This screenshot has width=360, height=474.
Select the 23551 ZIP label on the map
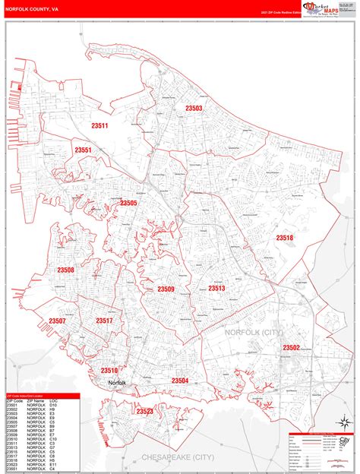tap(83, 150)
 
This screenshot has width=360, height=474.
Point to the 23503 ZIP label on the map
tap(194, 109)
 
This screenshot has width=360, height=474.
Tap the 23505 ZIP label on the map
tap(128, 203)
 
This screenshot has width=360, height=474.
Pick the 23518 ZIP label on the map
tap(285, 238)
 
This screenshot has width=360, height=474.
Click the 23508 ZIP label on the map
tap(65, 270)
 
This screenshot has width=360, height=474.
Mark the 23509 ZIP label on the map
tap(166, 289)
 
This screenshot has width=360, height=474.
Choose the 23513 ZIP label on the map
tap(217, 289)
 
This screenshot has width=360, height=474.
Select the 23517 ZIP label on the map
tap(104, 321)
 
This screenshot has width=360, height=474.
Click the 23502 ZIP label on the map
tap(291, 347)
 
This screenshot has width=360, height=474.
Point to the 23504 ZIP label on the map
tap(180, 380)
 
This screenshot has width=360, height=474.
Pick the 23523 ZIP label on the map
tap(145, 411)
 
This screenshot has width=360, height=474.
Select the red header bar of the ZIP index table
tap(43, 396)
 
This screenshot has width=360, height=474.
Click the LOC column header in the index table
tap(53, 400)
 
